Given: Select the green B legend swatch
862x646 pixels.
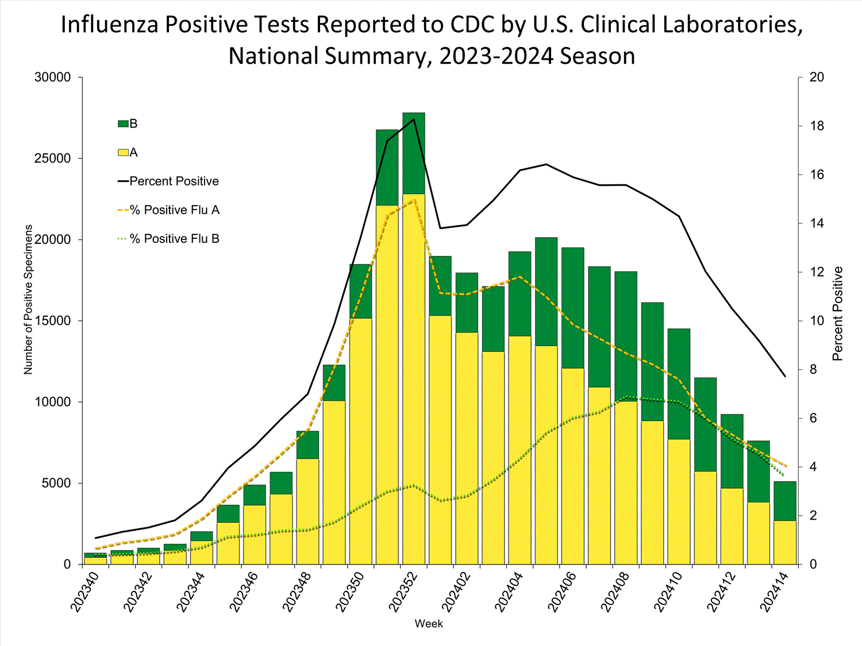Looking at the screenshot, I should click(123, 123).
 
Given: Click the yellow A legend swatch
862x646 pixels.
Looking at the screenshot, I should click(123, 152).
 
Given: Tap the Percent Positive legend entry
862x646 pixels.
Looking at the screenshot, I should click(174, 181).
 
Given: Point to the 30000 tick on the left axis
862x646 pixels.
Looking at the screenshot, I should click(52, 77).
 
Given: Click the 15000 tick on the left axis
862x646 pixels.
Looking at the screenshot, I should click(52, 320).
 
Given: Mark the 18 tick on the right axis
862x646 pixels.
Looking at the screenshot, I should click(817, 126).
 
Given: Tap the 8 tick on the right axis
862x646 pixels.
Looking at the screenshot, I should click(813, 369).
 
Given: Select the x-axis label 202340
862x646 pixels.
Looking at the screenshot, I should click(84, 591).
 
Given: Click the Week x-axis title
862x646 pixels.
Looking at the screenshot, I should click(429, 624).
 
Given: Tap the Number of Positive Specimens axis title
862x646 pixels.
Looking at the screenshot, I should click(28, 299).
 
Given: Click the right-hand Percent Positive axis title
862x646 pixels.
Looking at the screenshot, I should click(837, 314).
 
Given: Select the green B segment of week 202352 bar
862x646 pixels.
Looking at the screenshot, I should click(414, 153).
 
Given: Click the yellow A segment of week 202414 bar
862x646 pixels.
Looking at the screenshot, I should click(784, 542).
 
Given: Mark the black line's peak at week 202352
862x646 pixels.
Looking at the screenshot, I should click(414, 119).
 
